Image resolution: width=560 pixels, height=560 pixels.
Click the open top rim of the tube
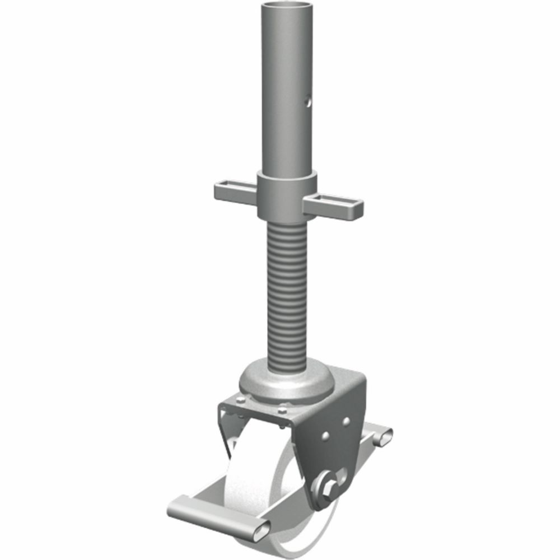coord(286,6)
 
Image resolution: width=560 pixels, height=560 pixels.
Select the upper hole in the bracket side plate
coord(347,420)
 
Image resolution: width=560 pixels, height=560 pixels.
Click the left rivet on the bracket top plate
coord(240,400)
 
